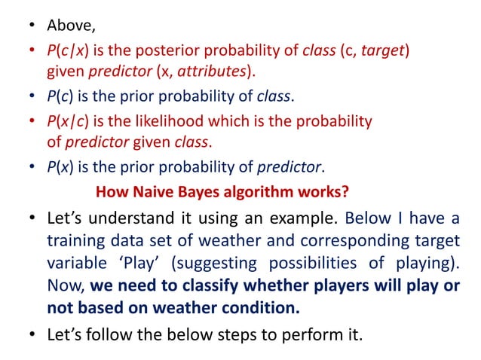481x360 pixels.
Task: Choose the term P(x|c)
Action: point(67,121)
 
